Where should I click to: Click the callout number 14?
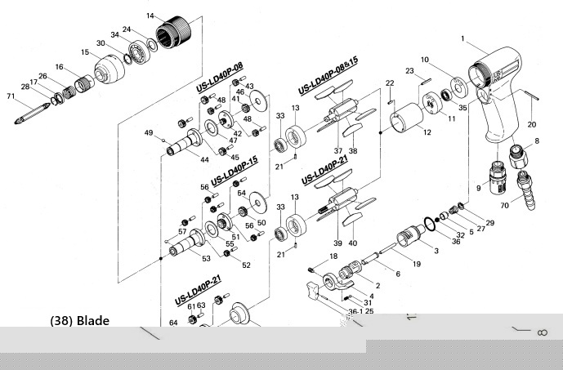150,16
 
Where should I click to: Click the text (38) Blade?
79,321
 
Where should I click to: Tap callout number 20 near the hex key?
530,125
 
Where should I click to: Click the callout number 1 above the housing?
462,38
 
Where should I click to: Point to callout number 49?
149,132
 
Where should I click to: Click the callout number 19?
417,264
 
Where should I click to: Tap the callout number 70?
504,207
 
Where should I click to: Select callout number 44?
205,162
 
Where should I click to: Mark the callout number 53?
205,259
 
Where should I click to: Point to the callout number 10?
425,60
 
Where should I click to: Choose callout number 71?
11,97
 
